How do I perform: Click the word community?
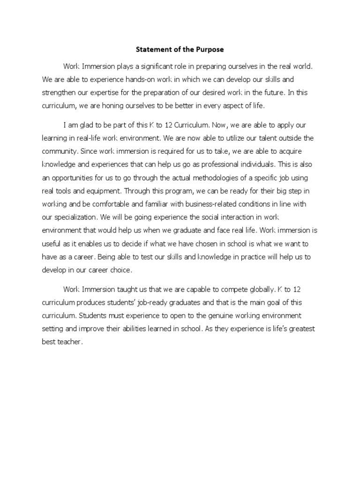(60, 151)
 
